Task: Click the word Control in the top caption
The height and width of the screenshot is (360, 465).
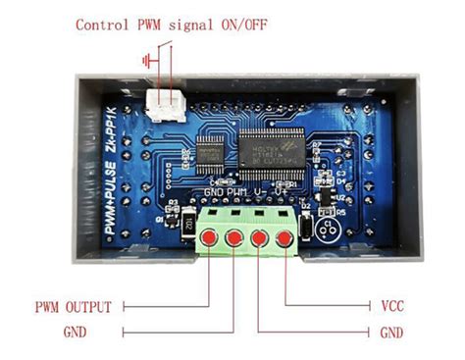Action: [x=104, y=25]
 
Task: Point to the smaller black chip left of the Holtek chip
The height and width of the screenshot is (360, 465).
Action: [x=210, y=150]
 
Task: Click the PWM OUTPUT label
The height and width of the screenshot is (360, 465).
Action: [x=73, y=306]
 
